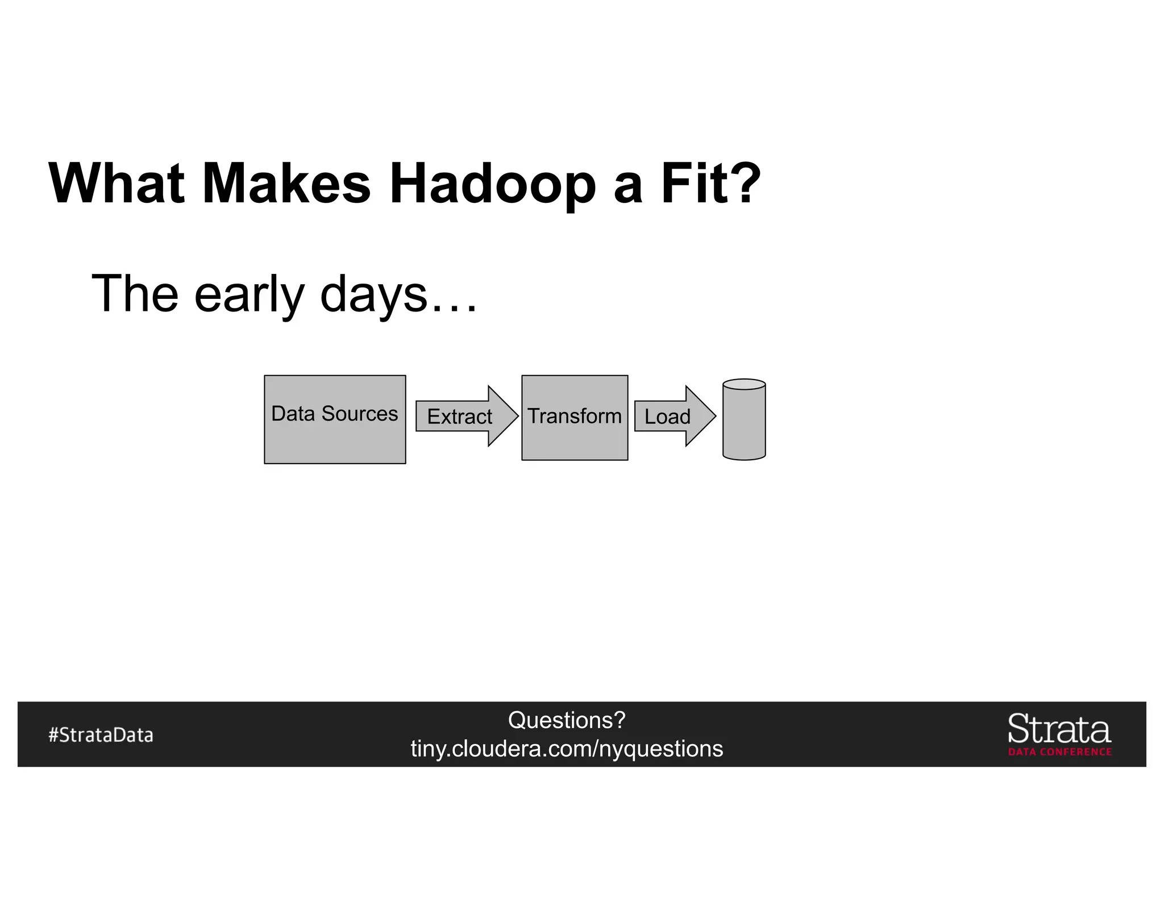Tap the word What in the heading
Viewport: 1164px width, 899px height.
pyautogui.click(x=117, y=184)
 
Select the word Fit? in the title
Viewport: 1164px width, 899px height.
pyautogui.click(x=710, y=184)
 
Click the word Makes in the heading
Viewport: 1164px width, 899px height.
pyautogui.click(x=286, y=184)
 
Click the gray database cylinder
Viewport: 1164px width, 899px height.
pyautogui.click(x=744, y=423)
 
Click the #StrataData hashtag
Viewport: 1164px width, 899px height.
pyautogui.click(x=101, y=735)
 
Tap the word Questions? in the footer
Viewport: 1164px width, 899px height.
pyautogui.click(x=567, y=720)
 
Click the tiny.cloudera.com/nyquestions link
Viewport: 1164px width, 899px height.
pyautogui.click(x=567, y=748)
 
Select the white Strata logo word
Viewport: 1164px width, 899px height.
pyautogui.click(x=1059, y=729)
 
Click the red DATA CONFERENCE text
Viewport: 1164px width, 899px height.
pyautogui.click(x=1060, y=752)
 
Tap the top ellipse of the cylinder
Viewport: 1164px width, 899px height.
pyautogui.click(x=744, y=385)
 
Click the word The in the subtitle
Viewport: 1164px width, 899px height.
pyautogui.click(x=135, y=294)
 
